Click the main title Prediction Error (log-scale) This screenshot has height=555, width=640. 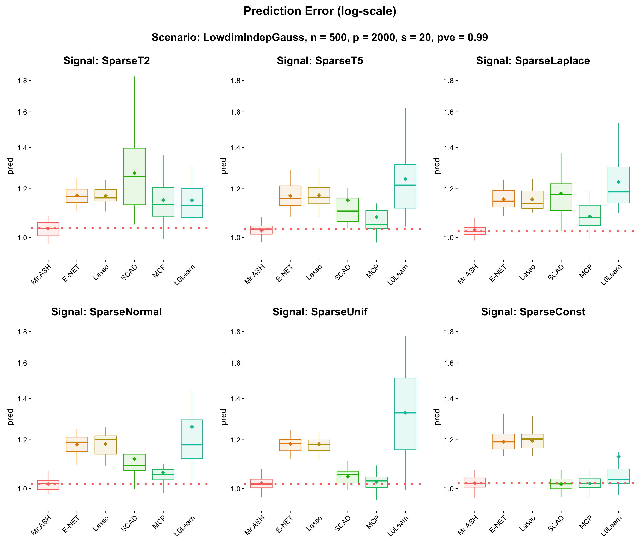[320, 11]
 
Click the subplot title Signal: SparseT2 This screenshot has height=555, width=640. [106, 61]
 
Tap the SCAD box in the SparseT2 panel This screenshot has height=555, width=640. [134, 161]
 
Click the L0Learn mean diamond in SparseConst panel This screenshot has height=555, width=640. [619, 456]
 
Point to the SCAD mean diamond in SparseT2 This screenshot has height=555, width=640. [134, 173]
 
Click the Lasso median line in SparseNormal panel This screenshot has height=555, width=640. [106, 440]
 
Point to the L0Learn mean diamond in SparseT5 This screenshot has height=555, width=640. [405, 179]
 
